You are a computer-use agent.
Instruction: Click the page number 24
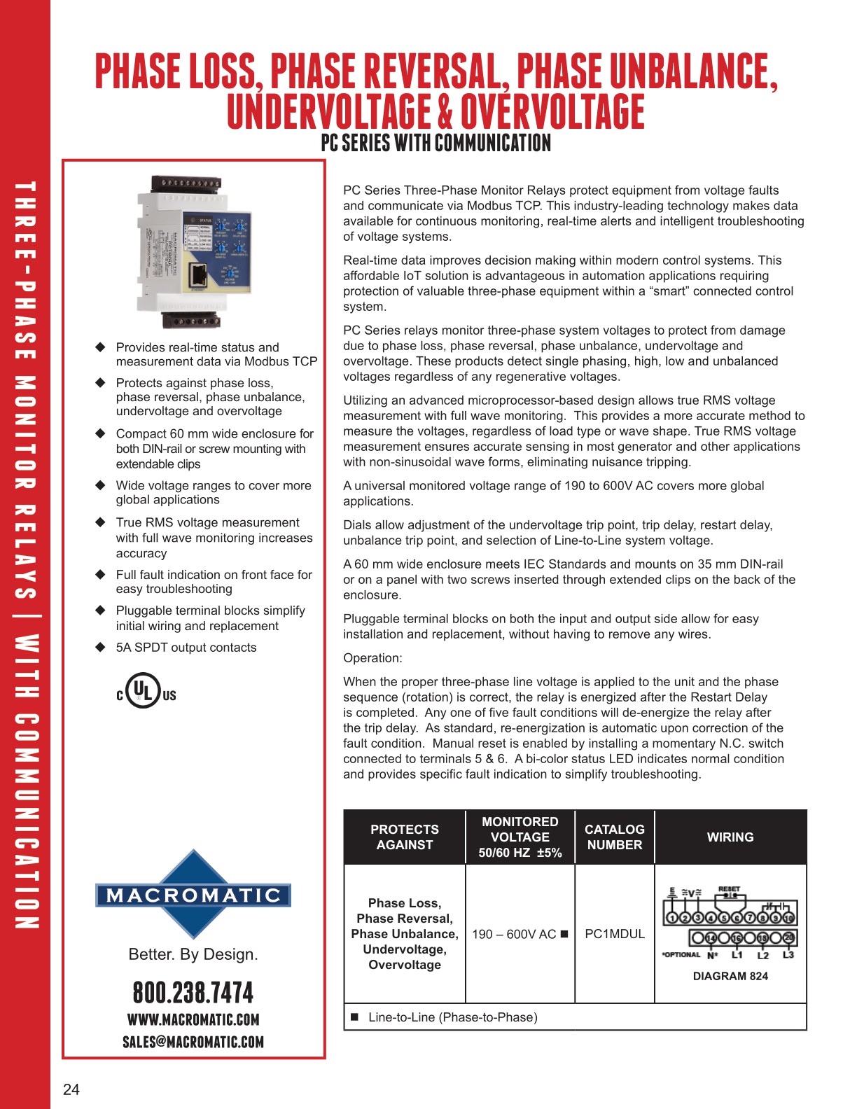point(71,1089)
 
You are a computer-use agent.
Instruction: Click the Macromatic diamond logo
point(193,895)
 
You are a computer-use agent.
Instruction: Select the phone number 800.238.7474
point(193,993)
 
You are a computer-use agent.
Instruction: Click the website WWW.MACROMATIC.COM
point(193,1019)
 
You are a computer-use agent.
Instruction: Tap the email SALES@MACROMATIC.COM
point(193,1042)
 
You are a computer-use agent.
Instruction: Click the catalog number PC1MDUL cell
point(614,934)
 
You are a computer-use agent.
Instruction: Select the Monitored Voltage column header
point(520,837)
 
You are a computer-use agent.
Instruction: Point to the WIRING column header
point(730,837)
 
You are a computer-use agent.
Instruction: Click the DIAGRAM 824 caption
point(730,976)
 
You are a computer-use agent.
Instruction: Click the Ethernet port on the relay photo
point(200,275)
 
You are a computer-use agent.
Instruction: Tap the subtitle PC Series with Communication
point(436,144)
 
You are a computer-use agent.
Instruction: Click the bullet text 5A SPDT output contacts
point(186,648)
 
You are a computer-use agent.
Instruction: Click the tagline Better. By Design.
point(193,954)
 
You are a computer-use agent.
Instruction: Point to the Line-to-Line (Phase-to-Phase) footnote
point(452,1017)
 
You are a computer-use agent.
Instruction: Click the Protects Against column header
point(405,837)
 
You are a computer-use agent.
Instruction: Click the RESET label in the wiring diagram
point(729,889)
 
